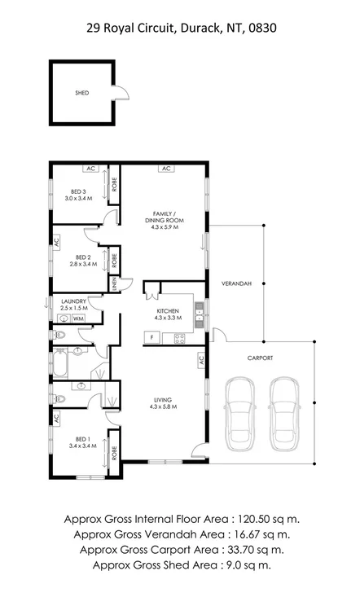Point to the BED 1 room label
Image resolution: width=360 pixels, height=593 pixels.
[x=79, y=442]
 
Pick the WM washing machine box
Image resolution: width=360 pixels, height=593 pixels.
[x=78, y=319]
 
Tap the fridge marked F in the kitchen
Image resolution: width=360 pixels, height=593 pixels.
[x=151, y=336]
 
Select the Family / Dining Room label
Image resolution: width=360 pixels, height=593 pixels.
[x=167, y=221]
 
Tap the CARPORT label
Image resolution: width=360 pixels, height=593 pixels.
[x=261, y=358]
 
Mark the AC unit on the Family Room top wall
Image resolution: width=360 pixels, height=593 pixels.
[x=165, y=169]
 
